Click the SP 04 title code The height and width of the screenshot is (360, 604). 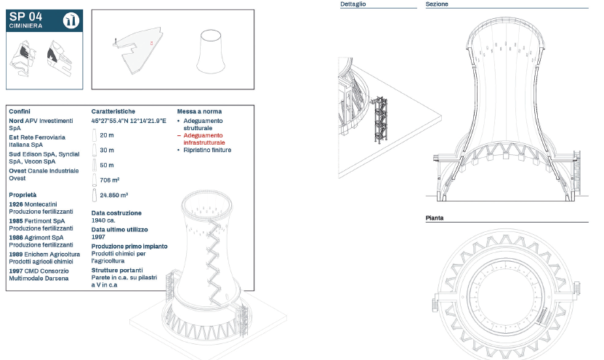[25, 17]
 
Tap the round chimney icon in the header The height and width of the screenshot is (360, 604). [71, 20]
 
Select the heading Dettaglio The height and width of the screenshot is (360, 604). [353, 4]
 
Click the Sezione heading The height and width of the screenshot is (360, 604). [437, 4]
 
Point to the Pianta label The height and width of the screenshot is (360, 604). [435, 218]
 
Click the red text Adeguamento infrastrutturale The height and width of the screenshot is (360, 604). [204, 139]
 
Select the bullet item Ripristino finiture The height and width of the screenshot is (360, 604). [207, 150]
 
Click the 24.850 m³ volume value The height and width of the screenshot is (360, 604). [113, 196]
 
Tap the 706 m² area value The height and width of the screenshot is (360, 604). [110, 180]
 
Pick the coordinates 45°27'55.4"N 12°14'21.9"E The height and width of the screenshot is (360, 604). [129, 121]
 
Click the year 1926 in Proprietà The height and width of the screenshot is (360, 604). [16, 204]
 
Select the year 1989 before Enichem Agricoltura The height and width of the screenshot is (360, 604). [16, 255]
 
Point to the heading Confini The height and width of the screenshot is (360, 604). [20, 111]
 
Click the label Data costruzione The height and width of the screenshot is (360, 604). [116, 213]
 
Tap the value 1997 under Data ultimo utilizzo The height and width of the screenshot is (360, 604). [98, 237]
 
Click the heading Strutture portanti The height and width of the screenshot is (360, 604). [117, 271]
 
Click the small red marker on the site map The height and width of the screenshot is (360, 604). [151, 43]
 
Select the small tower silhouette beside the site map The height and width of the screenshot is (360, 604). [211, 52]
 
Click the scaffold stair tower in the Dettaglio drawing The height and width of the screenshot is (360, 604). [379, 119]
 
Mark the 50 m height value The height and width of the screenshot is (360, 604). [107, 165]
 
